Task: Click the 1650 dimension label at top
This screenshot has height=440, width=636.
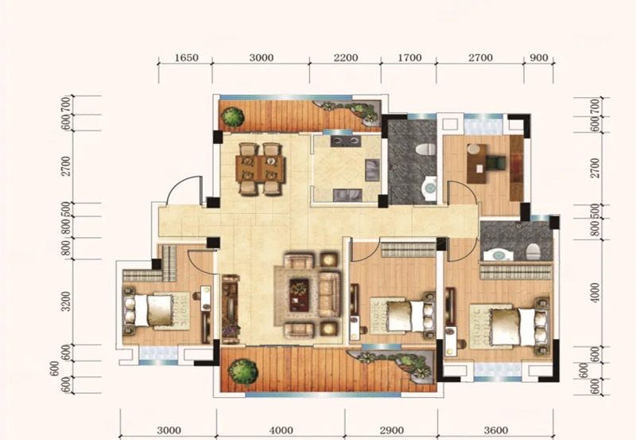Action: (x=187, y=57)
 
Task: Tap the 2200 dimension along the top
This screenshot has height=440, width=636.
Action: (x=346, y=57)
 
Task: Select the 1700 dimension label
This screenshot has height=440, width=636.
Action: (x=409, y=57)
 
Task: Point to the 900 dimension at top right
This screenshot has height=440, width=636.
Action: (x=539, y=57)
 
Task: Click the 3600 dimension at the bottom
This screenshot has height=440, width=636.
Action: (x=495, y=430)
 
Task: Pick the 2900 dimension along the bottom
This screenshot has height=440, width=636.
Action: (x=391, y=430)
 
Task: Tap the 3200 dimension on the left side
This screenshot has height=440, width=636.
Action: (x=66, y=301)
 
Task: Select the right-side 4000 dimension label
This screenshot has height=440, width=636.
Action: (x=595, y=292)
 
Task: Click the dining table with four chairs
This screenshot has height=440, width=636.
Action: (x=260, y=169)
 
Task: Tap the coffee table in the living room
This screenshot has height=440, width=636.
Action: (x=299, y=295)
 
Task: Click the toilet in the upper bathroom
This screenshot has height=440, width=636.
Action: (x=425, y=150)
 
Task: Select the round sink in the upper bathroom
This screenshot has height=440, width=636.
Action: (x=429, y=188)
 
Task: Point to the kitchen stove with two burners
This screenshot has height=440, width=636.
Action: (x=346, y=141)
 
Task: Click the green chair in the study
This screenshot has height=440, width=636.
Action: (x=495, y=162)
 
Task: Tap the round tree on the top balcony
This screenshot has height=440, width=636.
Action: (x=233, y=117)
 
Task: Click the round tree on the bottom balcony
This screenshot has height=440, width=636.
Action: (x=242, y=371)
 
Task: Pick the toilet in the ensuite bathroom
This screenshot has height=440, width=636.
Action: (x=533, y=252)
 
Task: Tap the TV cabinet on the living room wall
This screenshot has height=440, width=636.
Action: (x=230, y=309)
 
